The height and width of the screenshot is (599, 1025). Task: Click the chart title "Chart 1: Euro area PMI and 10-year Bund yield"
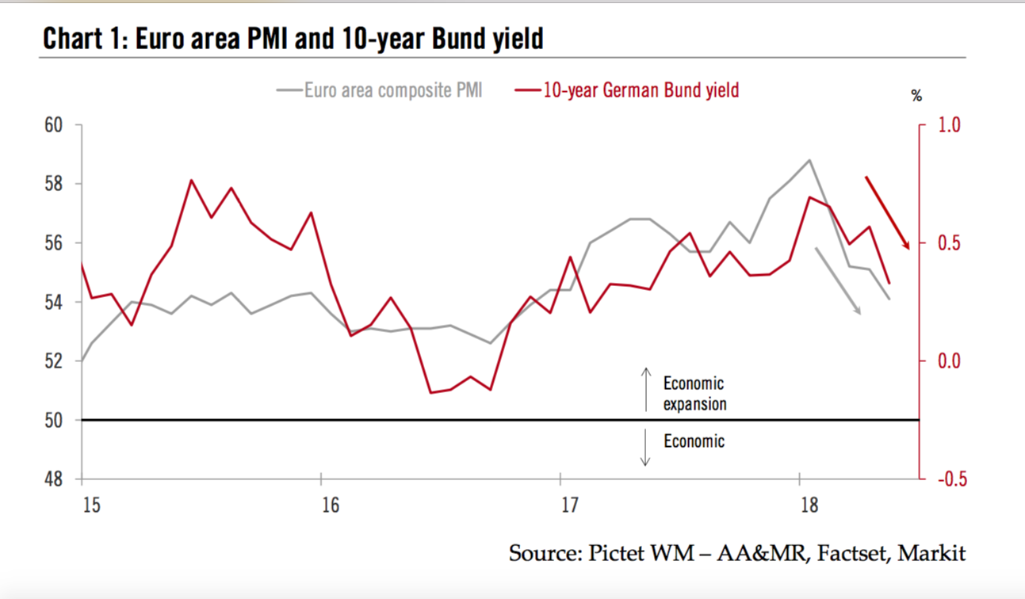point(293,38)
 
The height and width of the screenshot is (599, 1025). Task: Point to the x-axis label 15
point(92,505)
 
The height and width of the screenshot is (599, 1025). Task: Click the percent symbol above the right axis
point(916,97)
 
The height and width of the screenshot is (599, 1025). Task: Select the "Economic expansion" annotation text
point(694,394)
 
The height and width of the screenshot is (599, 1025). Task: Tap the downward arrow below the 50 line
point(646,447)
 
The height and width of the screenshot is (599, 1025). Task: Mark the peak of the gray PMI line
point(809,160)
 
